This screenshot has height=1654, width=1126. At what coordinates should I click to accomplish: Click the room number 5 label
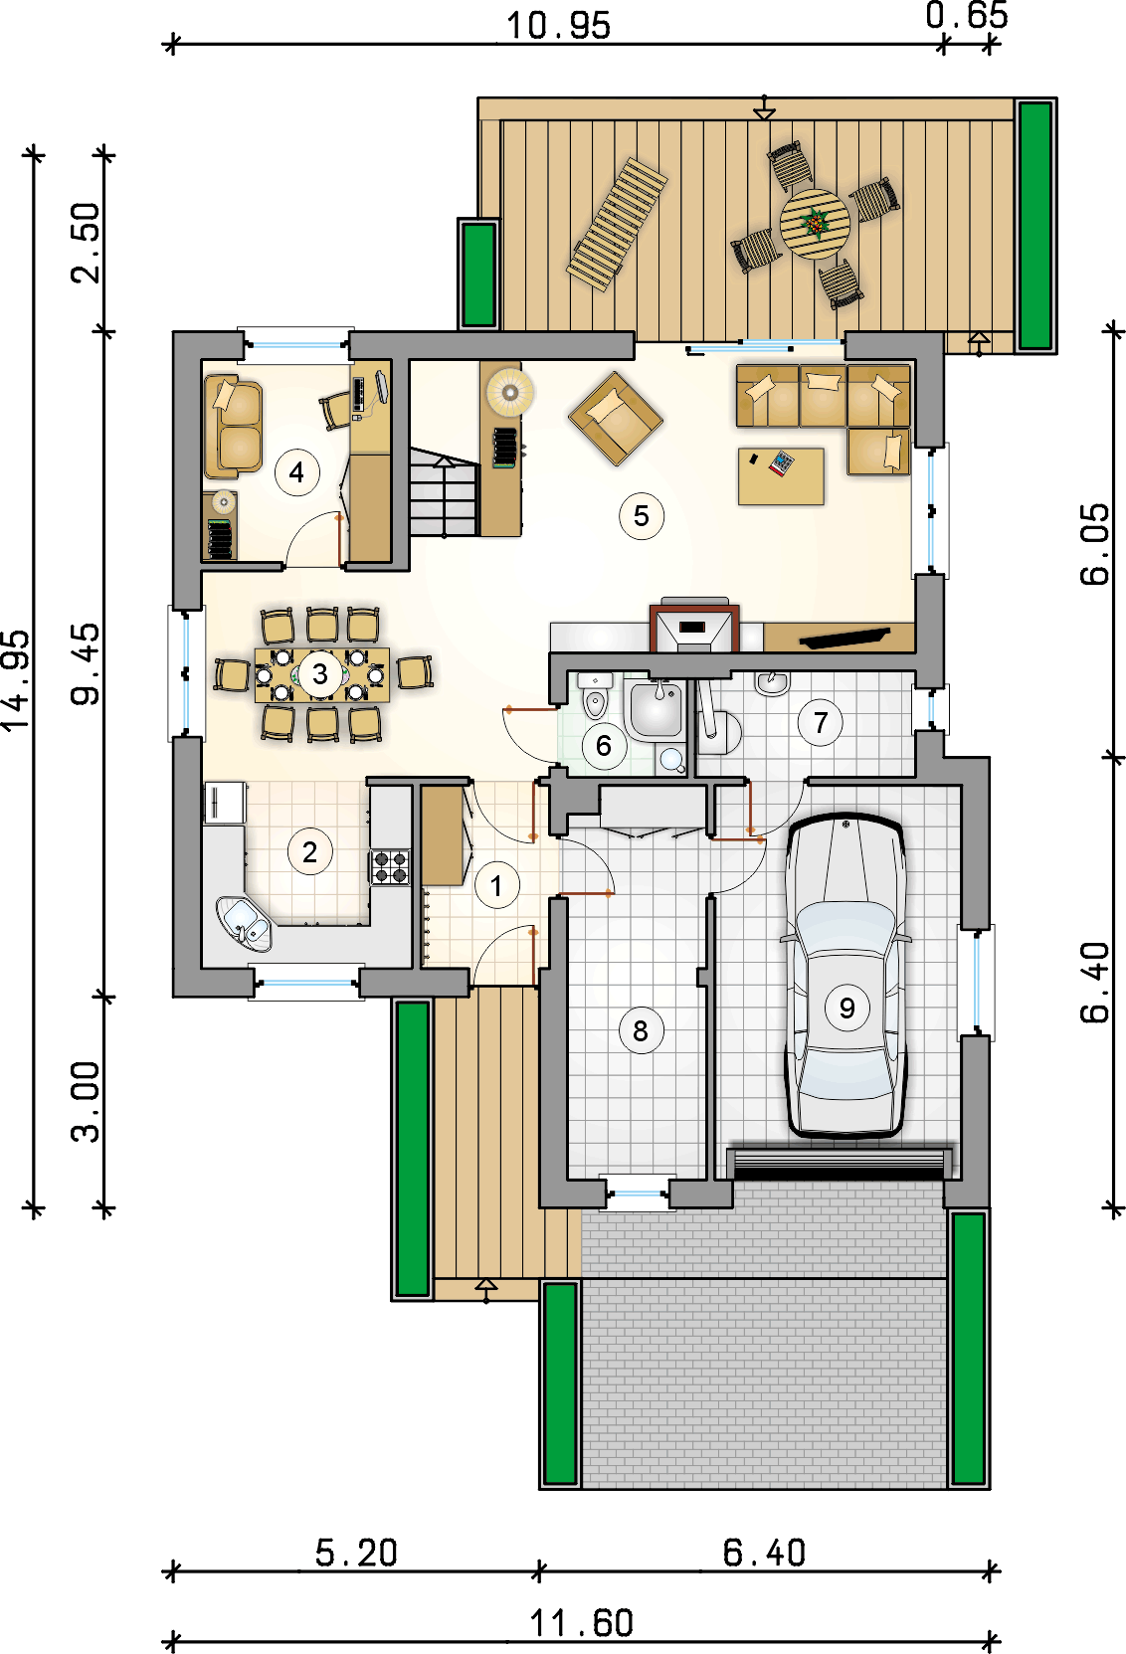coord(641,516)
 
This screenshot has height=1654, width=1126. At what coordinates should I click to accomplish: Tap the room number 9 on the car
coord(846,1008)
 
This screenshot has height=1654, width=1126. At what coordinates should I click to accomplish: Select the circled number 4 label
coord(296,471)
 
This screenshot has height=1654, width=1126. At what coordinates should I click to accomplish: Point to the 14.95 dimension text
coord(16,681)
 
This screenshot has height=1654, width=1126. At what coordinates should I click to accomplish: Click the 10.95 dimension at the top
coord(558,26)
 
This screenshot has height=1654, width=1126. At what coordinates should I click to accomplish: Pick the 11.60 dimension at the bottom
coord(582,1623)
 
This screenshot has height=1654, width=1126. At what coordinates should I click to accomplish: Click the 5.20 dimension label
coord(357,1553)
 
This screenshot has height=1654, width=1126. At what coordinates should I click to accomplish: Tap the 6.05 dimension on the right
coord(1095,544)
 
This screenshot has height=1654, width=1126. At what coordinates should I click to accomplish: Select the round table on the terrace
coord(815,224)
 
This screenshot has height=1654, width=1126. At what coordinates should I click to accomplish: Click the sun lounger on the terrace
coord(618,225)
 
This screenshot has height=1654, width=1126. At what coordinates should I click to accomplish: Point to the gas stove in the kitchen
coord(390,867)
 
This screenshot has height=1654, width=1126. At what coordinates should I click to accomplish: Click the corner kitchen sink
coord(244,923)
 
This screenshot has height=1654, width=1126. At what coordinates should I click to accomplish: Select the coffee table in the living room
coord(781,476)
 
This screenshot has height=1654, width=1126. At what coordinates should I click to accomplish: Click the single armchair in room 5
coord(616,418)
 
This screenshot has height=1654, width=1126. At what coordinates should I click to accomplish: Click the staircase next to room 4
coord(444,491)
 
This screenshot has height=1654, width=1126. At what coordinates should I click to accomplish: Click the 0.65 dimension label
coord(967,16)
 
